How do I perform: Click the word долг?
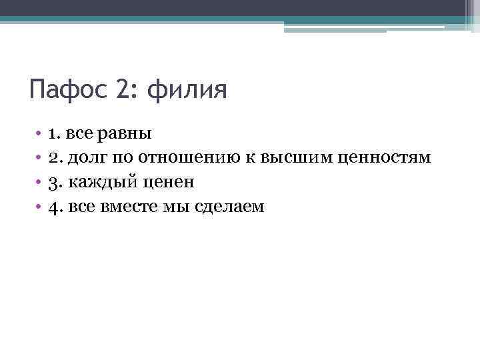pos(85,158)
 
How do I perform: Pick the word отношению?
pos(183,157)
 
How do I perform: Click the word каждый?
pos(98,182)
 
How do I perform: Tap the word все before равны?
pos(81,133)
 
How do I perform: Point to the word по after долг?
pos(123,157)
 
